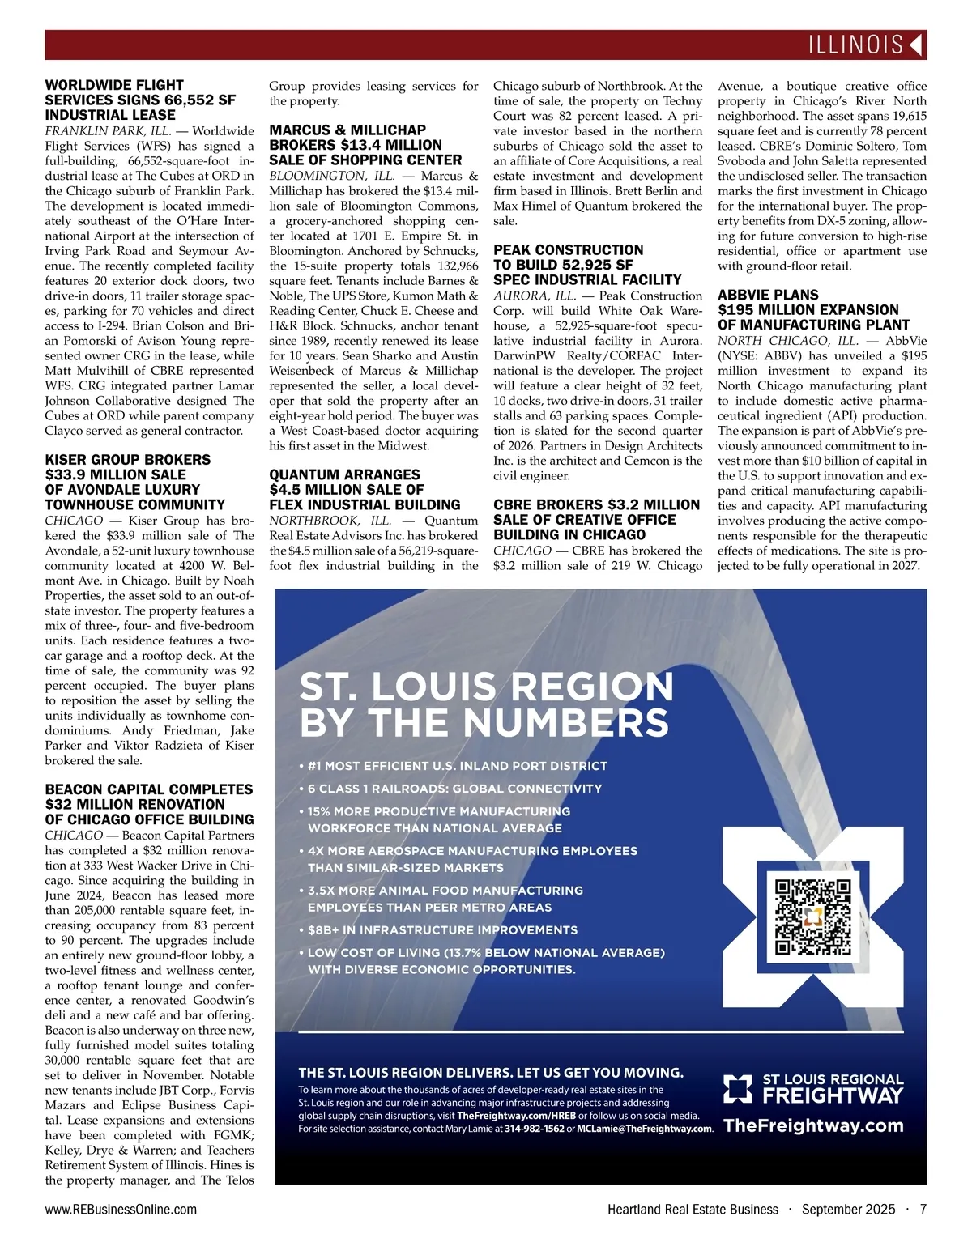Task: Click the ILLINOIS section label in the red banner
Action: tap(855, 45)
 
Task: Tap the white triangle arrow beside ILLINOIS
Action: tap(916, 45)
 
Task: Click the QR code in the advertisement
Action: tap(813, 917)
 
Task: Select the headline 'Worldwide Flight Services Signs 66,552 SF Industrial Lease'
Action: tap(140, 100)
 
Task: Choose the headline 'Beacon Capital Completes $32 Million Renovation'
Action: tap(149, 804)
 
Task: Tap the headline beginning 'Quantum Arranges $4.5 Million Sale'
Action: tap(364, 490)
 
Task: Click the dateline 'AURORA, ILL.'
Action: tap(535, 296)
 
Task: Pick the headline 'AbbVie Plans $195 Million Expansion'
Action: tap(813, 310)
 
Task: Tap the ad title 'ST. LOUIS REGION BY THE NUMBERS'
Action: tap(486, 705)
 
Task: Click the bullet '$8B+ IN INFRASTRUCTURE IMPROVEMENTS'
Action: tap(442, 930)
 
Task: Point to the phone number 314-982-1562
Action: tap(535, 1129)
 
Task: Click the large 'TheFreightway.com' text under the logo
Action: tap(813, 1125)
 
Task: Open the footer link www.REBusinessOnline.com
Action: tap(121, 1210)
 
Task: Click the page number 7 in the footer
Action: tap(923, 1210)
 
